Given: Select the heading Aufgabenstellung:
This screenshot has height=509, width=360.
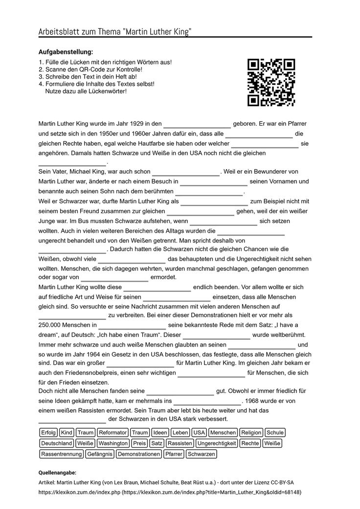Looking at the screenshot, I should (x=66, y=52).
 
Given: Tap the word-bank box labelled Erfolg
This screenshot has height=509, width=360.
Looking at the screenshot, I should (x=48, y=433).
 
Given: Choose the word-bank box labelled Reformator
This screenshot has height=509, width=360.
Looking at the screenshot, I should (x=112, y=433).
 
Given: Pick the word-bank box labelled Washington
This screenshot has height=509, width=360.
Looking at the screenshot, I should (x=112, y=443).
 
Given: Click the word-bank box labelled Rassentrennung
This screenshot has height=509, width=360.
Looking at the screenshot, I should (x=61, y=454).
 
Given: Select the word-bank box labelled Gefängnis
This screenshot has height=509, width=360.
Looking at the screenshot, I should (x=99, y=454).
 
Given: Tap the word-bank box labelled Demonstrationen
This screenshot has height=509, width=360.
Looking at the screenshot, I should (x=139, y=454).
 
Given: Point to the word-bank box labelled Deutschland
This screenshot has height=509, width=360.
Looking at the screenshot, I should (x=56, y=443).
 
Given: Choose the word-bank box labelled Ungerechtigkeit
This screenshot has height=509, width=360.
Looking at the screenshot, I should (x=217, y=443).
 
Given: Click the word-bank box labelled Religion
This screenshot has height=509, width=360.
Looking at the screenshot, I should (x=251, y=433).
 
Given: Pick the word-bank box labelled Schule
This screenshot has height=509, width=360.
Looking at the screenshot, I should (x=275, y=433).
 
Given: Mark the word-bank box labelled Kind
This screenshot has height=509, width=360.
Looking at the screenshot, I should (x=67, y=433).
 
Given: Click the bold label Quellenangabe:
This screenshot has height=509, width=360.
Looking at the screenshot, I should (x=57, y=473).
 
